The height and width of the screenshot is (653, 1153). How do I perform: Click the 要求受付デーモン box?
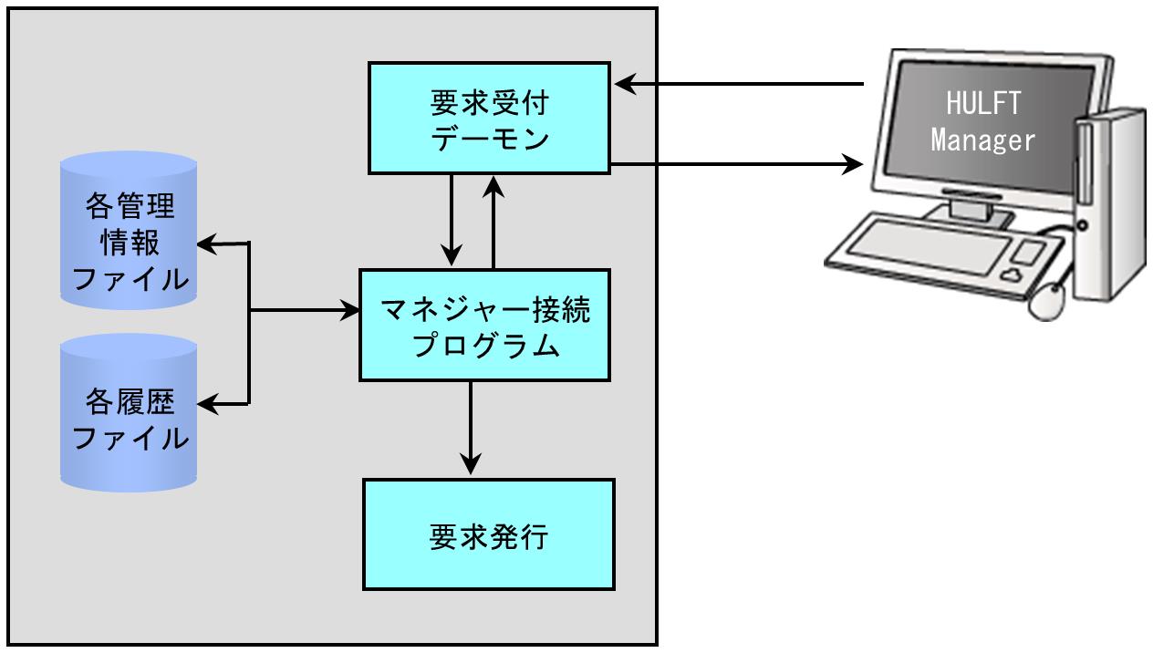489,119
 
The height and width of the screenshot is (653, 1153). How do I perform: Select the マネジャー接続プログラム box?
484,325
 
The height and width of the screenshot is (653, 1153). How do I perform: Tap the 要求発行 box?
489,534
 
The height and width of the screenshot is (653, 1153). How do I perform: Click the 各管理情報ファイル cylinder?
129,230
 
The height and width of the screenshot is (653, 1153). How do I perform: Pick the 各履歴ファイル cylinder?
129,413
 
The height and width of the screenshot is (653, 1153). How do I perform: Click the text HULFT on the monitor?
983,103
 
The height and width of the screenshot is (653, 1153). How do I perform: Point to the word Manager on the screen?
983,140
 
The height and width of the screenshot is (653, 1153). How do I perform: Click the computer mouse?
1047,302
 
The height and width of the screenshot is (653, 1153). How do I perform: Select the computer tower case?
1111,205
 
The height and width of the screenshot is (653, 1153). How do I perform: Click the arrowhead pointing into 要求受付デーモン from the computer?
626,84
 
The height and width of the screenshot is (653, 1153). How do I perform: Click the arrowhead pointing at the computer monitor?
852,164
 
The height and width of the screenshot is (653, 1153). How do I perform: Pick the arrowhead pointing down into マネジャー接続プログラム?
452,255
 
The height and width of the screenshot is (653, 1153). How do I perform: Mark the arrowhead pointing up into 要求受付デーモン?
493,187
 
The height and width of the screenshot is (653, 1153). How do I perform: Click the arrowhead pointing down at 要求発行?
471,463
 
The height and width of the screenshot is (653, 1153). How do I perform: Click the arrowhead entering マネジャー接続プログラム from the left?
348,310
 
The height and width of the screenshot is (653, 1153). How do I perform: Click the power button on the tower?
1082,225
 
